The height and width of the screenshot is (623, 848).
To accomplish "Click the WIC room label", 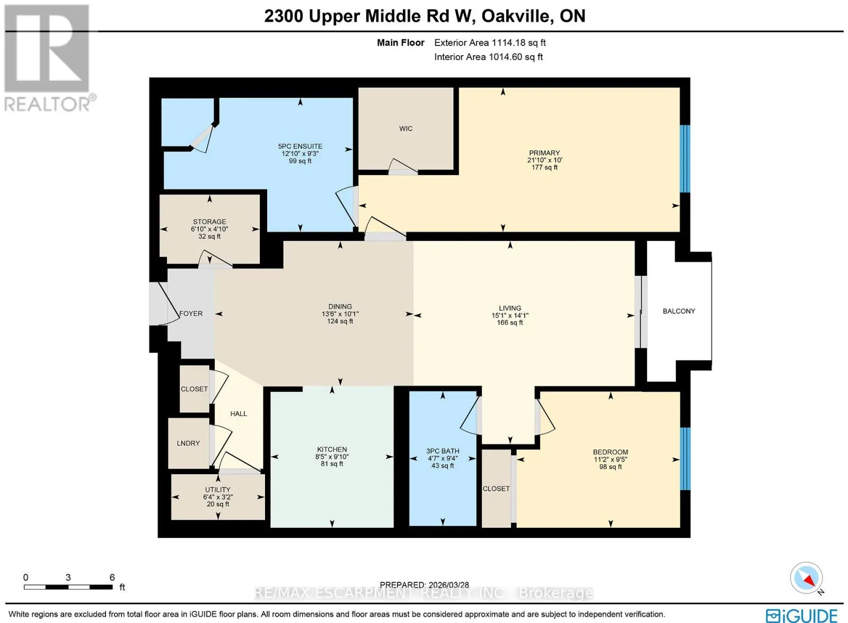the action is pyautogui.click(x=405, y=129).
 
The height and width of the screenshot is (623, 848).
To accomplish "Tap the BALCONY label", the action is pyautogui.click(x=679, y=311).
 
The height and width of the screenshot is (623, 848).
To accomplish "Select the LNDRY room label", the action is pyautogui.click(x=188, y=443).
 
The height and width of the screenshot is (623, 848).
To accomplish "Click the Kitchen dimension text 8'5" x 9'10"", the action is pyautogui.click(x=332, y=456).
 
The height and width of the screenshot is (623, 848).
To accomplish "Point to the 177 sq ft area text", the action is pyautogui.click(x=544, y=167).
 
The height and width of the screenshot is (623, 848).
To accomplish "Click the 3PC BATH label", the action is pyautogui.click(x=443, y=451).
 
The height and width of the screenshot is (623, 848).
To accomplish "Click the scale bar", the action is pyautogui.click(x=68, y=586).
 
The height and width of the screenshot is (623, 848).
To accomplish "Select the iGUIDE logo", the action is pyautogui.click(x=802, y=616).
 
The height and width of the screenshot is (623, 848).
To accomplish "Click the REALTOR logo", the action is pyautogui.click(x=47, y=59).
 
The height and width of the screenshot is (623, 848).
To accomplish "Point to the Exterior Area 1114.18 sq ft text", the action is pyautogui.click(x=490, y=43).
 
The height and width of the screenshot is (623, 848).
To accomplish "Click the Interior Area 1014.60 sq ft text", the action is pyautogui.click(x=488, y=57).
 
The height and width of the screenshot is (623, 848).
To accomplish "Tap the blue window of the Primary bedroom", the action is pyautogui.click(x=685, y=159).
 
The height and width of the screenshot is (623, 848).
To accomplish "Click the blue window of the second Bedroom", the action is pyautogui.click(x=685, y=458).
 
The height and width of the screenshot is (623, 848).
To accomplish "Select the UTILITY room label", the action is pyautogui.click(x=218, y=490).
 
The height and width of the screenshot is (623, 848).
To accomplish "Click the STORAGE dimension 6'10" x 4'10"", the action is pyautogui.click(x=209, y=229).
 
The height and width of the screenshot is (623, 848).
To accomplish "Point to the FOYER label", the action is pyautogui.click(x=191, y=313).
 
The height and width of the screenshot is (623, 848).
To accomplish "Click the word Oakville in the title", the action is pyautogui.click(x=515, y=16).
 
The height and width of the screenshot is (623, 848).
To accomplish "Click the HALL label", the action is pyautogui.click(x=238, y=413).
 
